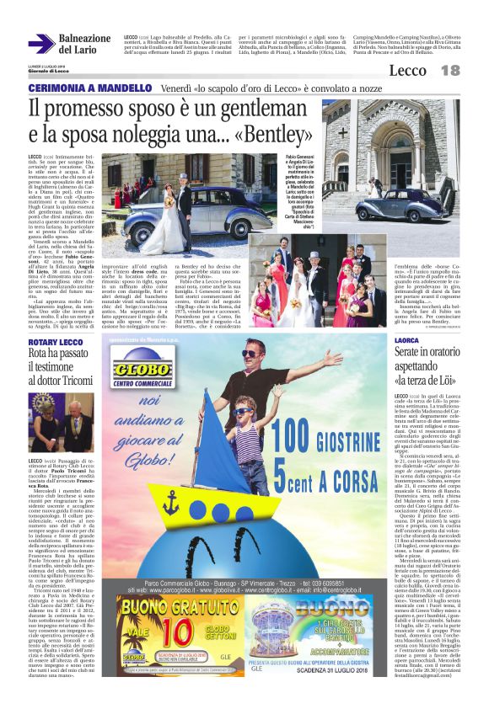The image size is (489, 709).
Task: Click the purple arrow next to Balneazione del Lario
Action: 41,44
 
